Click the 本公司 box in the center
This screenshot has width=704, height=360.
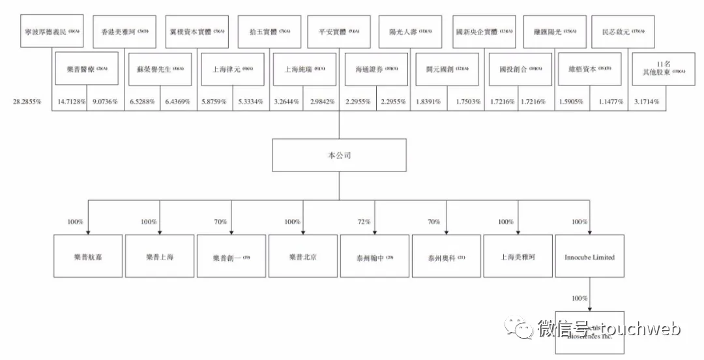point(337,157)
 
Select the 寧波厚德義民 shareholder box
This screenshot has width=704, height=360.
point(52,31)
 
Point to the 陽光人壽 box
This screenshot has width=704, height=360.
point(411,31)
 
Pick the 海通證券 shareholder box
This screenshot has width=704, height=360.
point(373,68)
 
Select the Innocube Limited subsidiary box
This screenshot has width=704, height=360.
point(589,257)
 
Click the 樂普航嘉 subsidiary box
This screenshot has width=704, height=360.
point(88,257)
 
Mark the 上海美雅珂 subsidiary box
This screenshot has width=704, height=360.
point(518,257)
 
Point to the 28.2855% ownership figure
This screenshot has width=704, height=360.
point(27,102)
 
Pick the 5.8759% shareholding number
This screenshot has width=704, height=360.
point(214,102)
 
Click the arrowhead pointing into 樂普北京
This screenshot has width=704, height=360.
point(303,232)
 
